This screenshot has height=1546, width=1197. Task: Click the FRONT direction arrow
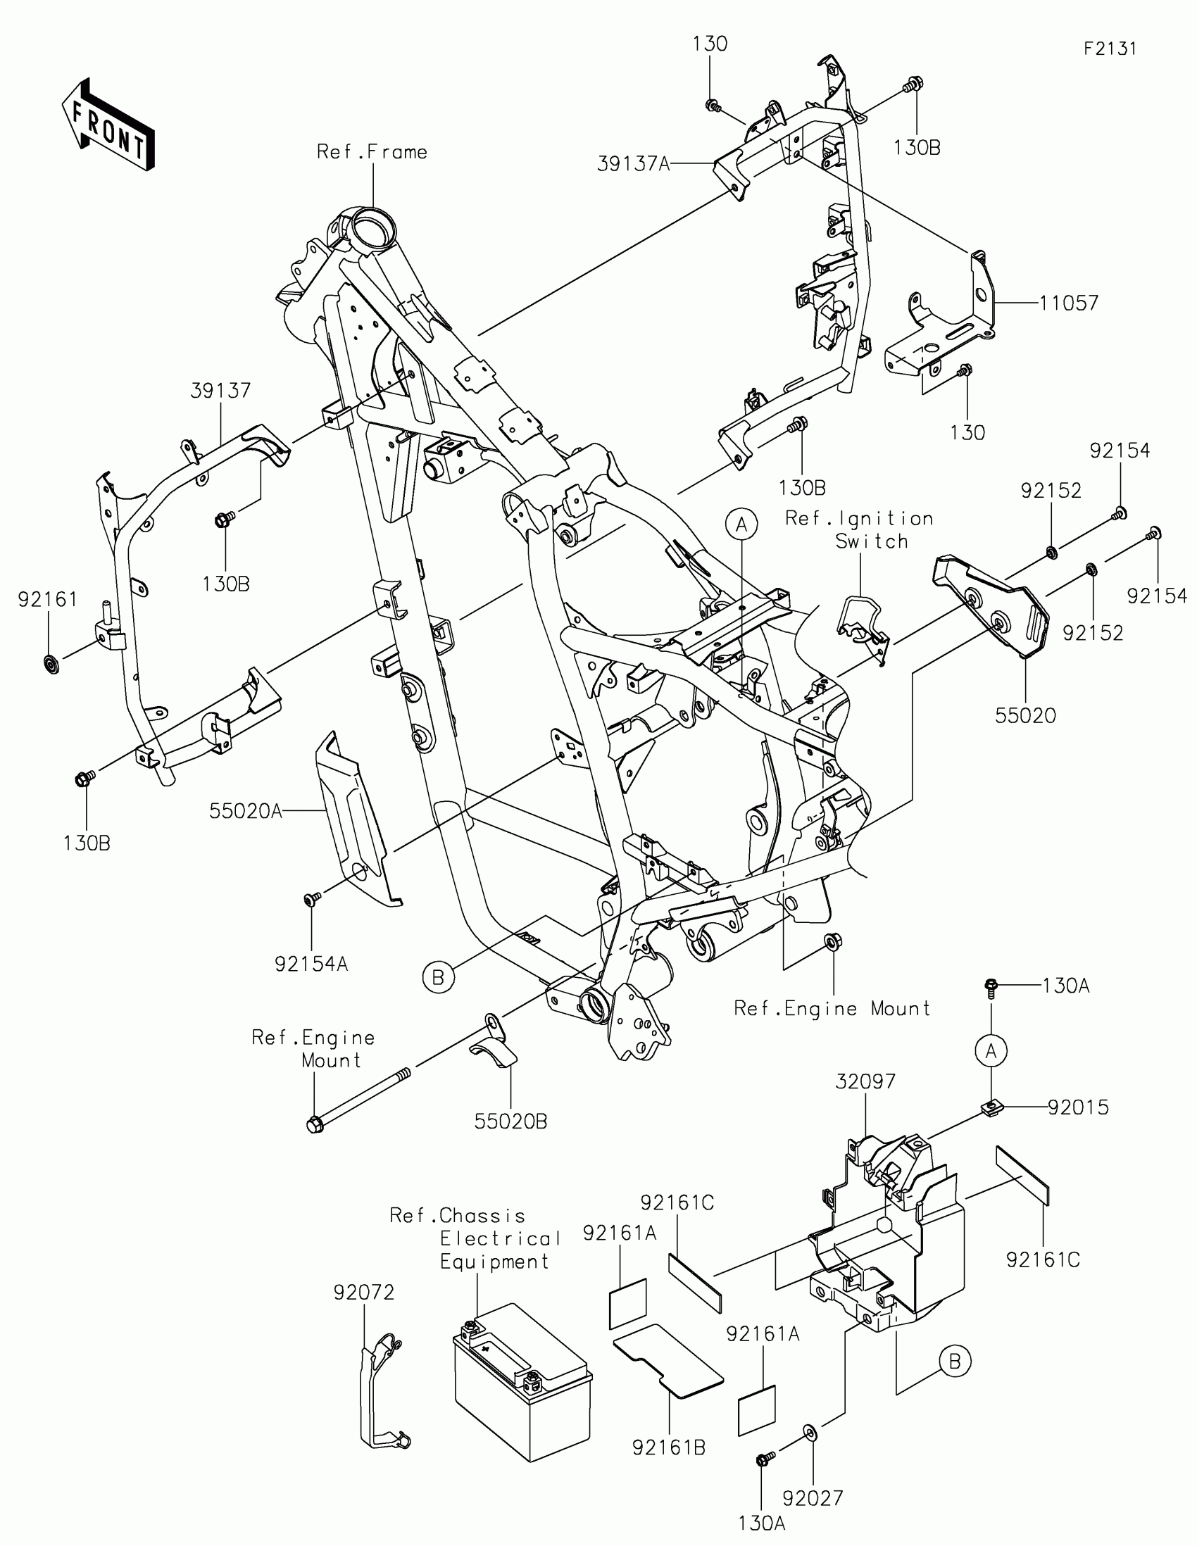(x=108, y=125)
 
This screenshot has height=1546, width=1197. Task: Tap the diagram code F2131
(x=1109, y=48)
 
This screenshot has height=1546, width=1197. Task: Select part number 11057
(x=1068, y=303)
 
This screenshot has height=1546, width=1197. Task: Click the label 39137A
(x=633, y=164)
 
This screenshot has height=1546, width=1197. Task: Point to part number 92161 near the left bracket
(x=47, y=600)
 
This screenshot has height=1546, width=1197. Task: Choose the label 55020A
(x=245, y=811)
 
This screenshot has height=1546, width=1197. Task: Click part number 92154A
(x=311, y=964)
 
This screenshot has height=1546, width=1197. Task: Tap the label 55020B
(x=510, y=1121)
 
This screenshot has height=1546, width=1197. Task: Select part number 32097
(x=865, y=1081)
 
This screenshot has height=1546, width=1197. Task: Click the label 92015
(x=1078, y=1107)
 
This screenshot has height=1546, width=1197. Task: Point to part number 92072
(x=364, y=1293)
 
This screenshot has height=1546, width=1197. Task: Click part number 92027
(x=813, y=1498)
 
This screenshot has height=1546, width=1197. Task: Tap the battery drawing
(x=522, y=1389)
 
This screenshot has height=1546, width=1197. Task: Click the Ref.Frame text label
(x=372, y=152)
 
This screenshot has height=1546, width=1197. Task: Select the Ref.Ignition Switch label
(x=859, y=529)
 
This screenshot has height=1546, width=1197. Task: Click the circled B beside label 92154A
(x=438, y=978)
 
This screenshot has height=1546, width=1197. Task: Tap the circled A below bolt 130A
(x=990, y=1051)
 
